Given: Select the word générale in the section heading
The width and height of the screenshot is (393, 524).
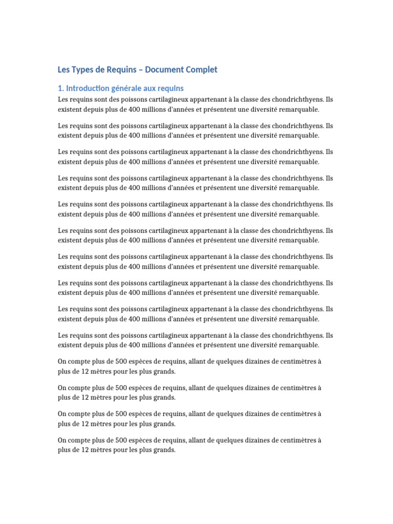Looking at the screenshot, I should pos(127,89).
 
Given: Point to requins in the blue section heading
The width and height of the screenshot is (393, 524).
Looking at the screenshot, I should pos(173,89).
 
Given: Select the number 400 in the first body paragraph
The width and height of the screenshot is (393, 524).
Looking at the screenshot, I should pos(135,109).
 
